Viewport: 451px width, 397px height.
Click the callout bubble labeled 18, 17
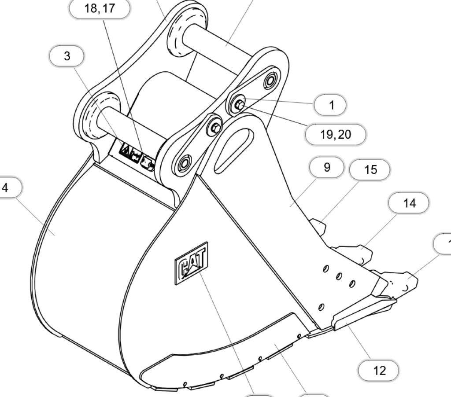click(x=100, y=9)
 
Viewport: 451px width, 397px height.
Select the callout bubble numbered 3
click(x=67, y=56)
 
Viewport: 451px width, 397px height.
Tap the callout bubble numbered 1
click(x=330, y=105)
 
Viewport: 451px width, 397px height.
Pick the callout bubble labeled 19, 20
click(x=336, y=134)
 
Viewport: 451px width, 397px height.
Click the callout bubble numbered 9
click(x=326, y=167)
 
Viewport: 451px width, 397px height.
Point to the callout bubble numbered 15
click(x=370, y=170)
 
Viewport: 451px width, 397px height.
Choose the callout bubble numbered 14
click(x=409, y=203)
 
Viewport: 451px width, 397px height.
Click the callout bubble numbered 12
click(x=379, y=370)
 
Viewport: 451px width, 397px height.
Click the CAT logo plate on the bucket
click(x=191, y=264)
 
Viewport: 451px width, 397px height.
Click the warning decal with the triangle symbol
click(x=126, y=151)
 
